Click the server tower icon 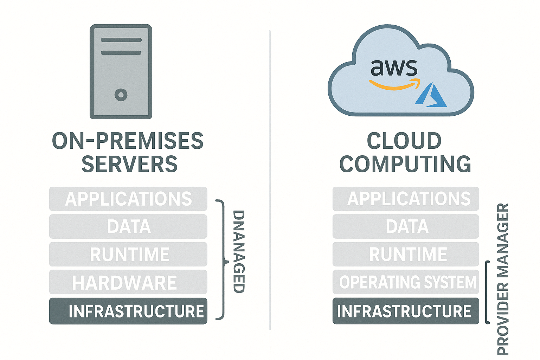point(121,72)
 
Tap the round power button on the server point(121,95)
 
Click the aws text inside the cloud point(394,67)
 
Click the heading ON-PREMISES point(128,141)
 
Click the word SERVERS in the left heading point(129,164)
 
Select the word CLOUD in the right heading point(404,141)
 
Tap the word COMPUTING point(405,164)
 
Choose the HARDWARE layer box point(128,282)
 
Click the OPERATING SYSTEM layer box point(406,282)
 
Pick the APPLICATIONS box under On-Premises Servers point(128,199)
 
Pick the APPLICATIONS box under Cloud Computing point(406,199)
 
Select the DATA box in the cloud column point(406,226)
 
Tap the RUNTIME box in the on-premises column point(128,255)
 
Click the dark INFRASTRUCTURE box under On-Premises point(128,311)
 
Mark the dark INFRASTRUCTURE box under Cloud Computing point(406,311)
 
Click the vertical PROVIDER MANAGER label point(503,279)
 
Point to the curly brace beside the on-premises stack point(222,260)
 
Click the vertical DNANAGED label point(239,251)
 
